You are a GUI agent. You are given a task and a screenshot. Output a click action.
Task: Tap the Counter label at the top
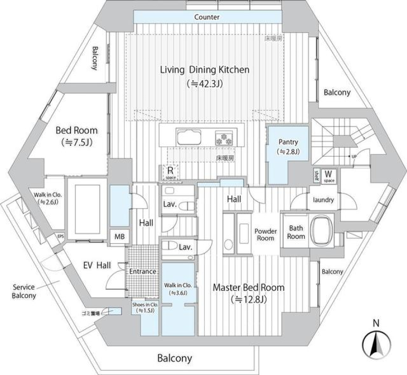207,17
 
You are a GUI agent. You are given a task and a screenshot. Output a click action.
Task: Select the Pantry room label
288,146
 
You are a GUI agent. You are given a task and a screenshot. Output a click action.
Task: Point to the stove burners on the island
224,138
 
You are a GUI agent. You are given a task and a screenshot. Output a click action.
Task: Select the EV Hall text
97,266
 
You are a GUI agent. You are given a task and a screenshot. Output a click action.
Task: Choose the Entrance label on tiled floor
142,271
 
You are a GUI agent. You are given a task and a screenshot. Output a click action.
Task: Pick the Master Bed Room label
248,293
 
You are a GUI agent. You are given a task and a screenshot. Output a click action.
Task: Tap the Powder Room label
265,235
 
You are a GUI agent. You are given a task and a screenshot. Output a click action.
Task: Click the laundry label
323,200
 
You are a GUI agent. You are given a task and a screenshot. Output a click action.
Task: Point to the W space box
328,175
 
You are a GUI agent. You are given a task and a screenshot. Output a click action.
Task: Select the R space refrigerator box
171,172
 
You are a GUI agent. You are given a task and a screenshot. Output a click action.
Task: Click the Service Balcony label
24,291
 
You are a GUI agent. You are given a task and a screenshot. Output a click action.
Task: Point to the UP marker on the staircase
353,157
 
